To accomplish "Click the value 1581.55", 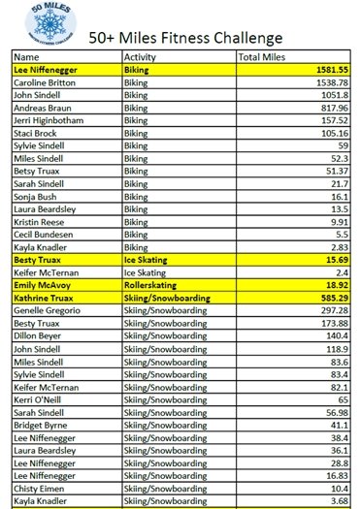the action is click(x=327, y=71).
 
